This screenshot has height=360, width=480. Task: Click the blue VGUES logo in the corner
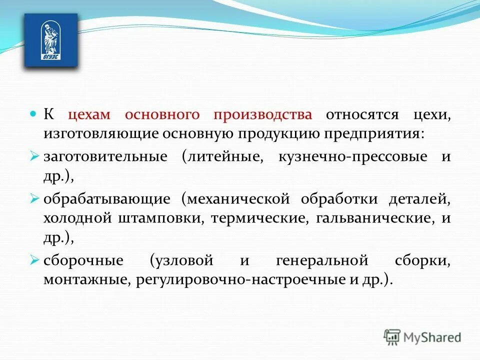point(51,40)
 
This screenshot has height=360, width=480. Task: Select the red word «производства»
point(263,115)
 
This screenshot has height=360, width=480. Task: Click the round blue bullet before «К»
point(34,114)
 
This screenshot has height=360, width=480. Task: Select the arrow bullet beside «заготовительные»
point(34,156)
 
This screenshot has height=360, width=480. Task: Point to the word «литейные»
point(223,157)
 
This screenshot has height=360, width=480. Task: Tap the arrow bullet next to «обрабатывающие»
point(34,199)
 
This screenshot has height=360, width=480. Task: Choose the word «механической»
point(236,199)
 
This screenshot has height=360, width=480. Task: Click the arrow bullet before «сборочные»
point(34,260)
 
